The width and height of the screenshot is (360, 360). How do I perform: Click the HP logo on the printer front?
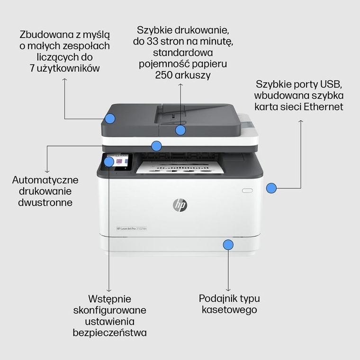point(180,205)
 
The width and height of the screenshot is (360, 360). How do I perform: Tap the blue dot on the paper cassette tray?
point(228,244)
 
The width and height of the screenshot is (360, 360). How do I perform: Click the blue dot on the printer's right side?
point(271,188)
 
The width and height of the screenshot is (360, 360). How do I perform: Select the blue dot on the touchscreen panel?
point(109,162)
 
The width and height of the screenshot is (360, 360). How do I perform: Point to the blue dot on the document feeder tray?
point(180,130)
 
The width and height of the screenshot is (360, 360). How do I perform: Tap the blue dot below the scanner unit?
point(156,145)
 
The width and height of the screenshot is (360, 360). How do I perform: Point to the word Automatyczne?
point(45,180)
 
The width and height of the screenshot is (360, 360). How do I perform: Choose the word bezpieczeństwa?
point(110,333)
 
